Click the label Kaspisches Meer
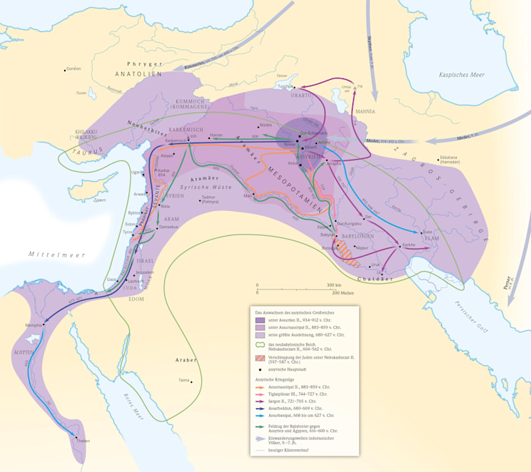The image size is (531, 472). (x=462, y=74)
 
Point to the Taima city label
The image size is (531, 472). (x=184, y=381)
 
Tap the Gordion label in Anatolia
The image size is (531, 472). (x=73, y=69)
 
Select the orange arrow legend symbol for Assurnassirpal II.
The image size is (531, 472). (x=261, y=387)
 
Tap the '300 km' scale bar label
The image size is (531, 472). (x=334, y=285)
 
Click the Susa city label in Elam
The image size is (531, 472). (x=427, y=232)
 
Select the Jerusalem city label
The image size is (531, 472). (x=145, y=272)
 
